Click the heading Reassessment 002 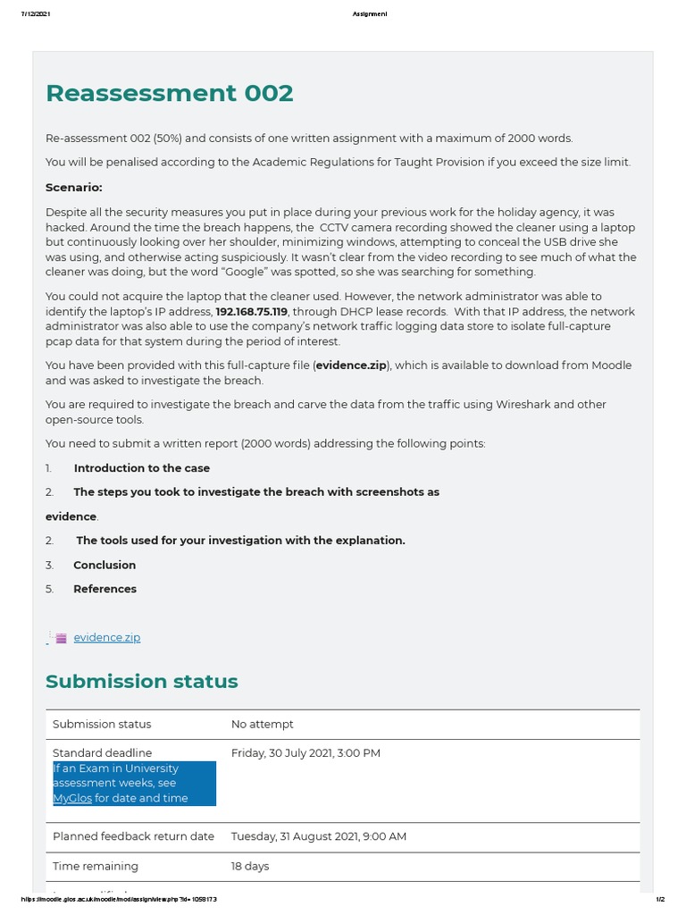[169, 93]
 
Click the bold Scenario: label [74, 187]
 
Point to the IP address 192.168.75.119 [251, 312]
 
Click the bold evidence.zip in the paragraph [351, 365]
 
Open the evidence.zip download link [107, 637]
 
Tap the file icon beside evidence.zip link [60, 638]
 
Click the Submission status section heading [141, 681]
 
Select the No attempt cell [262, 724]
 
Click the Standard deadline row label [102, 753]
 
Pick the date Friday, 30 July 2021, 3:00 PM [305, 753]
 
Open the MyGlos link [72, 798]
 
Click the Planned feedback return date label [133, 836]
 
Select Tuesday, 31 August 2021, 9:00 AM [318, 836]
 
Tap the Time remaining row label [96, 866]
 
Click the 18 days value [250, 866]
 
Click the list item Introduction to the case [142, 468]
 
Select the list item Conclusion [105, 565]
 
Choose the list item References [105, 589]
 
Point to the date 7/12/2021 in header [35, 13]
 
